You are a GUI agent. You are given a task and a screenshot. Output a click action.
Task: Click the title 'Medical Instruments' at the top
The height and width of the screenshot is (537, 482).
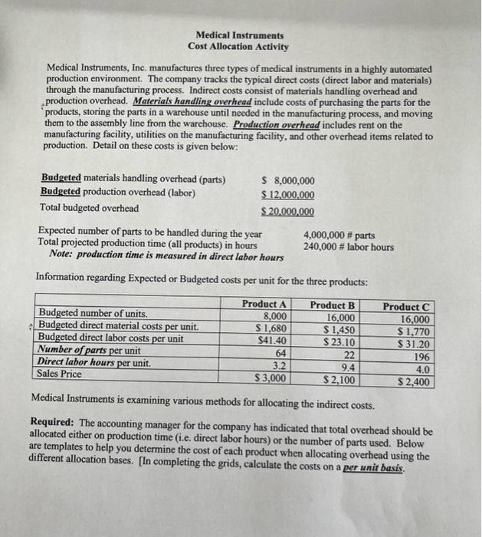239,35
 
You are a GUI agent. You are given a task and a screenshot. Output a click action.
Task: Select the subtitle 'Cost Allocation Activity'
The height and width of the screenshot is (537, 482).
239,47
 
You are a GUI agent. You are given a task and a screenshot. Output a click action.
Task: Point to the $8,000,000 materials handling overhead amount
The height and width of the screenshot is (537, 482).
288,180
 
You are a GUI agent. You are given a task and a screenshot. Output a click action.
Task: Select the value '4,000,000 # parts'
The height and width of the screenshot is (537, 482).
339,235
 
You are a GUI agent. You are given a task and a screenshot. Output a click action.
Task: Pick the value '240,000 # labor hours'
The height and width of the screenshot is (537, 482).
349,246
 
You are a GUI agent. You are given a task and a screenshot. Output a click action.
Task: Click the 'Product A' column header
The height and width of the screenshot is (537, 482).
264,305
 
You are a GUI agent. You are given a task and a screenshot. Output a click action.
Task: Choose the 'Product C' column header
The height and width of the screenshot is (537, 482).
406,307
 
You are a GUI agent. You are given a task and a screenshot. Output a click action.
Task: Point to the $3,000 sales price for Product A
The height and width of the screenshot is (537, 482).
271,378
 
